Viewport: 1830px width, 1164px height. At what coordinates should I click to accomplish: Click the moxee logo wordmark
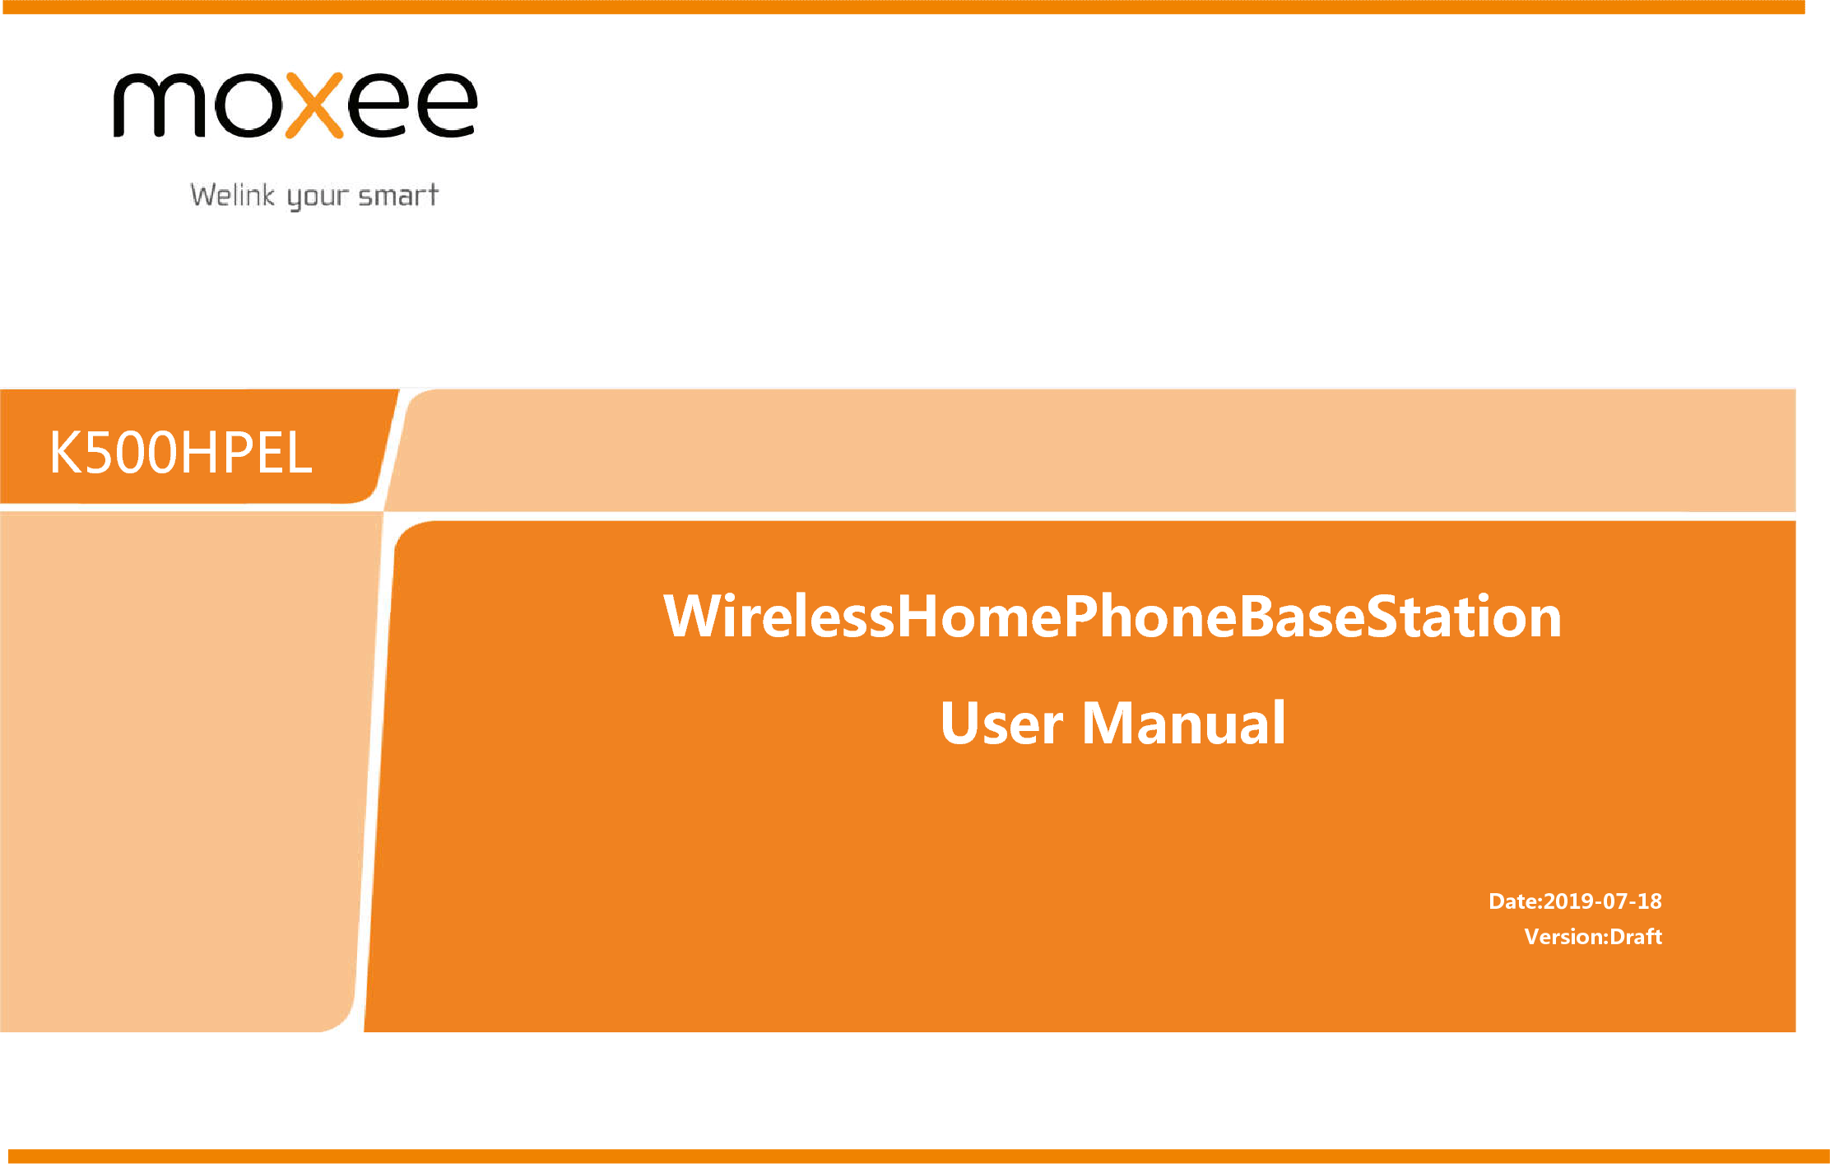tap(295, 105)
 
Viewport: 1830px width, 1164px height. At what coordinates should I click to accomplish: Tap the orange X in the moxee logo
tap(314, 105)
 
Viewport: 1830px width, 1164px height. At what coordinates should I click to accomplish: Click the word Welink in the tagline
tap(233, 195)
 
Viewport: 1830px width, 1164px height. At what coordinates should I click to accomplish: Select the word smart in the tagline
tap(398, 196)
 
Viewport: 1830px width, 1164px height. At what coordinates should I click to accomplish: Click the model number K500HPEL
tap(181, 453)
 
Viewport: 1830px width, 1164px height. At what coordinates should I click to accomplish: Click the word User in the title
tap(1001, 724)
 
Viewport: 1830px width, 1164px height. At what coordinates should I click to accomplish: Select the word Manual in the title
tap(1183, 723)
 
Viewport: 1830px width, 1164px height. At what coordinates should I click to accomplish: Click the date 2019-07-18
tap(1603, 901)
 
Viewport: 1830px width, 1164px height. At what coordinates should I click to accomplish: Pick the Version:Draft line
tap(1593, 937)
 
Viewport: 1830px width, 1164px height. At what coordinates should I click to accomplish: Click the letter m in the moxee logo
tap(159, 105)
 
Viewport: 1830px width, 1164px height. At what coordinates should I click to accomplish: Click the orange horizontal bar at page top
tap(902, 7)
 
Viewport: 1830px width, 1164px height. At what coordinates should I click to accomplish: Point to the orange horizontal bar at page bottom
tap(918, 1157)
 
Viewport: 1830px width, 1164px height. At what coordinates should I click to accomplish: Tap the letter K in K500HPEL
tap(67, 453)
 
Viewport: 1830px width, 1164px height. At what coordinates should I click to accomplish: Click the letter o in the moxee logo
tap(244, 105)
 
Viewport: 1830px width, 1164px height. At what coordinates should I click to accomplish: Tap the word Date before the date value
tap(1513, 901)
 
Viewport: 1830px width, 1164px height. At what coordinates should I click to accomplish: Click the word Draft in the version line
tap(1636, 937)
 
